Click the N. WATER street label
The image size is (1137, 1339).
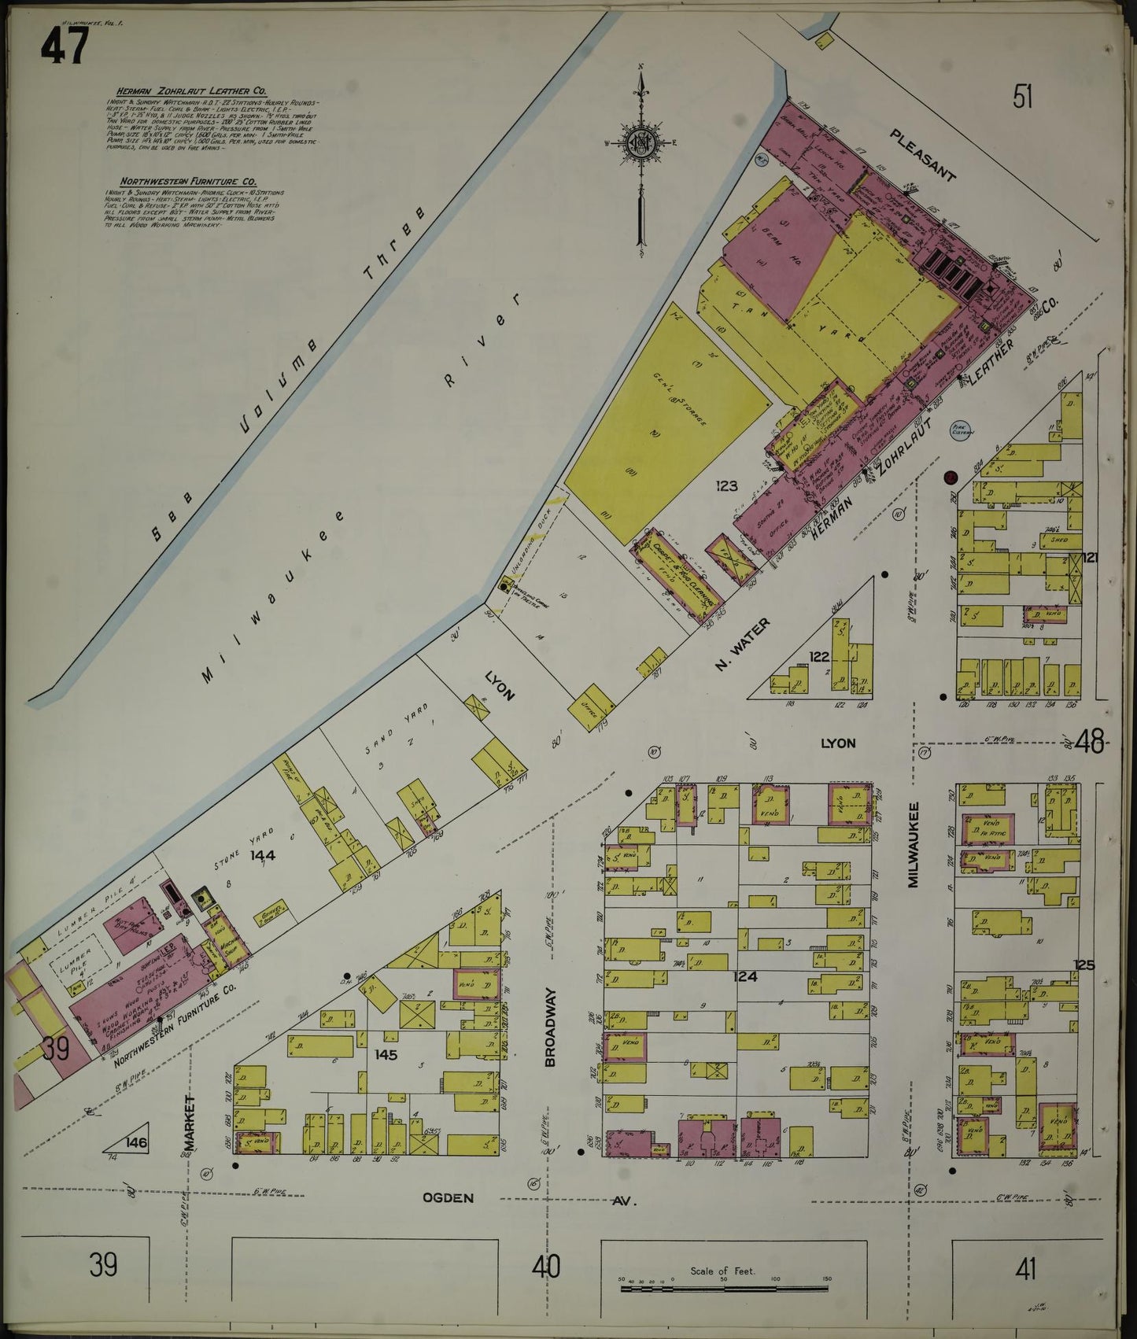coord(742,644)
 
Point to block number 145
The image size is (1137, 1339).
coord(386,1055)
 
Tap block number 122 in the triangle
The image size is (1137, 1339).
coord(820,655)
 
